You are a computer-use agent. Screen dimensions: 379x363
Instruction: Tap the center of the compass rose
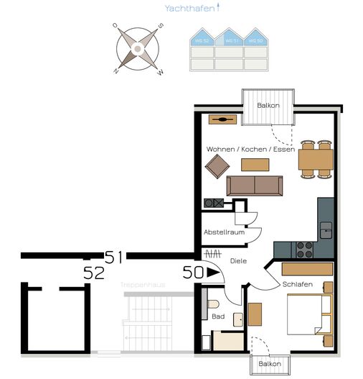coord(136,49)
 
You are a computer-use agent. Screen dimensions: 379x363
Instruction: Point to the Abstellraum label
coord(225,232)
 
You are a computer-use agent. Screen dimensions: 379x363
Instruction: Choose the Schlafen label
coord(297,284)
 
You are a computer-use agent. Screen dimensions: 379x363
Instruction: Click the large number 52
coord(94,273)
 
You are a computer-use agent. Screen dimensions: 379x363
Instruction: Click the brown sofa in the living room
coord(254,186)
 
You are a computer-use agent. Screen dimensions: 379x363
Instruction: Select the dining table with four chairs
coord(316,158)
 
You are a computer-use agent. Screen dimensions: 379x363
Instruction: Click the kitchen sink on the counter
coord(326,230)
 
